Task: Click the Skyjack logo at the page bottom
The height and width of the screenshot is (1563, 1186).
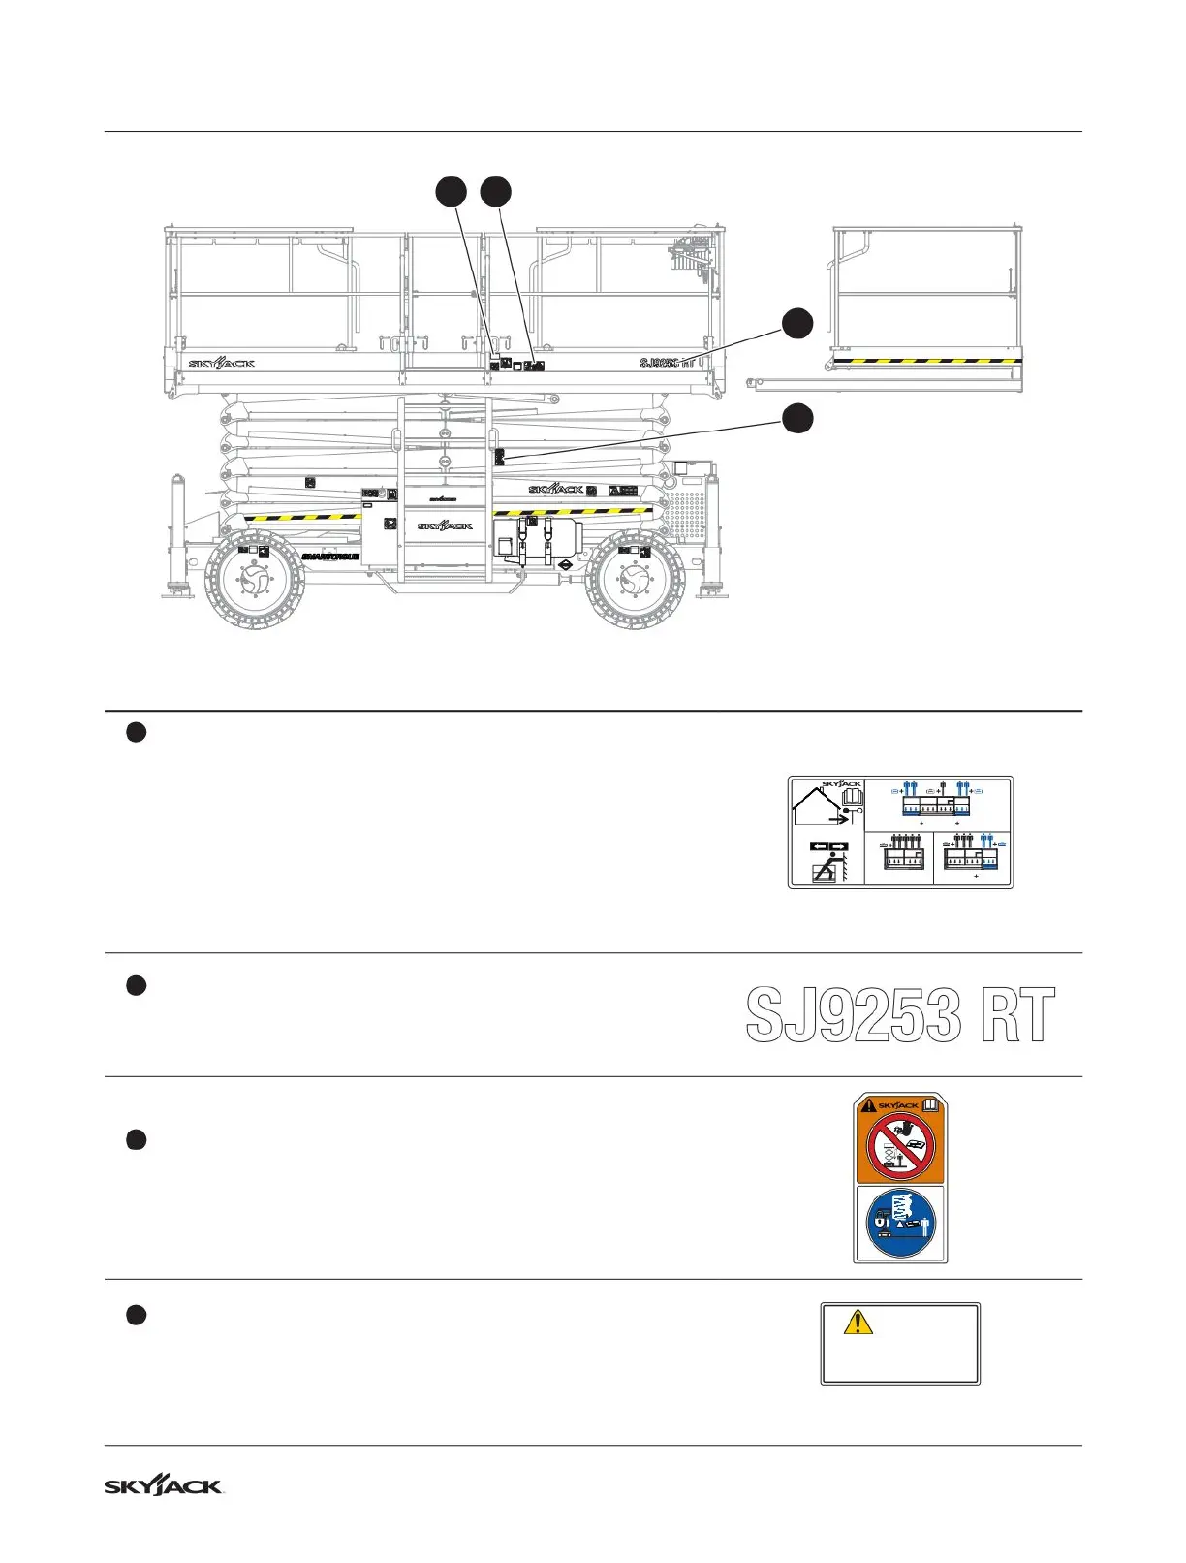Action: [164, 1485]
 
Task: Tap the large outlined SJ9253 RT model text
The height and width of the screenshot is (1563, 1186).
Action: [900, 1016]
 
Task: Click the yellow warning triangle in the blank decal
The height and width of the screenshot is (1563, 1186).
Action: [858, 1322]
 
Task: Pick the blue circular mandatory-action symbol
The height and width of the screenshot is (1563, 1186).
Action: [900, 1223]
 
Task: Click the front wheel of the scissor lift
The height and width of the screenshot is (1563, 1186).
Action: [255, 580]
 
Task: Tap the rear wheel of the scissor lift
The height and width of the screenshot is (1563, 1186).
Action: [635, 580]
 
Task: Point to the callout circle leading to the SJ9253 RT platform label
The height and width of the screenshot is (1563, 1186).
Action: [796, 323]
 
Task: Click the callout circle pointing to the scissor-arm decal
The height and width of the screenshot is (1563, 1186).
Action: [796, 419]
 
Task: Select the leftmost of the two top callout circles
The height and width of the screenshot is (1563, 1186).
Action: [450, 192]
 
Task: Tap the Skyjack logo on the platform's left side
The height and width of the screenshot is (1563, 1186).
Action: [222, 364]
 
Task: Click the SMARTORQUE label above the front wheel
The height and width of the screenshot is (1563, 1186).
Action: [329, 557]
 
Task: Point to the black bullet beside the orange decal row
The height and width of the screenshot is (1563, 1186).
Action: [136, 1139]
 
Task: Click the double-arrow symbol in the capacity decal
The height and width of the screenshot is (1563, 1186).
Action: [828, 845]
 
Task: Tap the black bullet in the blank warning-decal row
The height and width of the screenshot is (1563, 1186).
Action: [136, 1315]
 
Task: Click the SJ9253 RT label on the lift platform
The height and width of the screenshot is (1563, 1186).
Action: [668, 364]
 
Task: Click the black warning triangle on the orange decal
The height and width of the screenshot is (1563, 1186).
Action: [869, 1105]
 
